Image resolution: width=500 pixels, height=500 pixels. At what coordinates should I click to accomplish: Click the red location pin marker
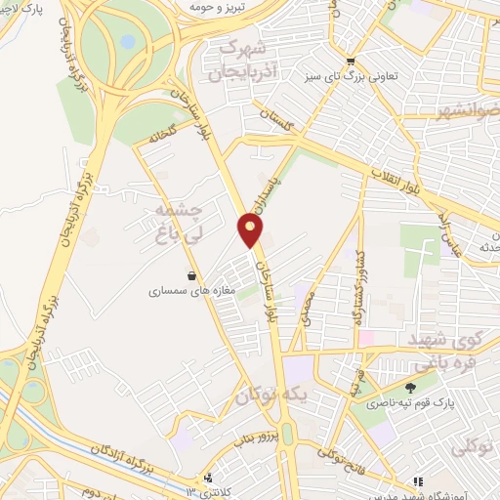point(251,230)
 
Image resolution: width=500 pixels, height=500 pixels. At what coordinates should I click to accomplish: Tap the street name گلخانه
point(169,137)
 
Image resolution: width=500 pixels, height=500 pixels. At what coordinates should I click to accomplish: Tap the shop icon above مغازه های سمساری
point(190,274)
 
